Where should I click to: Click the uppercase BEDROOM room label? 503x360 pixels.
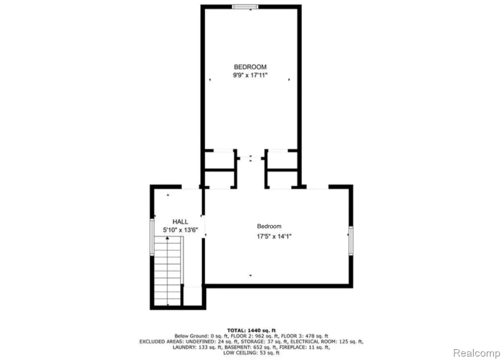[250, 67]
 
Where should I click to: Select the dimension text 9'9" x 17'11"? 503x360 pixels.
[250, 75]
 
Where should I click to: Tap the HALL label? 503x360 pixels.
[180, 222]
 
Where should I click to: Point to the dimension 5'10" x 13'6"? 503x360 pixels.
[180, 230]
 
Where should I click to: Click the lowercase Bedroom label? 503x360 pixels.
[269, 226]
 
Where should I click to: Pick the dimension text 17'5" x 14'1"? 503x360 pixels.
[274, 236]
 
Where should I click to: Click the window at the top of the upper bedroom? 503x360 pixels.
[245, 7]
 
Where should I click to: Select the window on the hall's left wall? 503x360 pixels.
[152, 237]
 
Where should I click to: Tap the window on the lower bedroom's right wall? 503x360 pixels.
[351, 241]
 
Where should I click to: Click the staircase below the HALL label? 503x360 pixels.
[168, 271]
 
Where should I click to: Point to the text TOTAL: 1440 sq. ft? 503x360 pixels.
[251, 330]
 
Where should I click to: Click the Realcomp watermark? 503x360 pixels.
[476, 353]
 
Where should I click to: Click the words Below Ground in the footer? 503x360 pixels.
[191, 336]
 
